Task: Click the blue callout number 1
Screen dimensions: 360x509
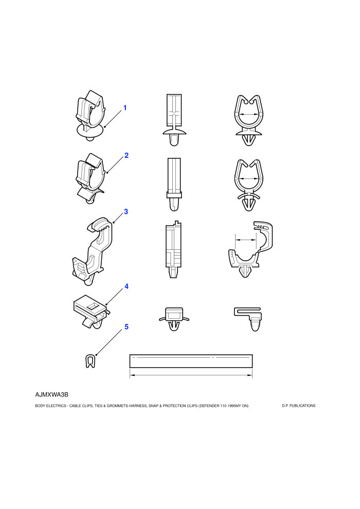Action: point(124,108)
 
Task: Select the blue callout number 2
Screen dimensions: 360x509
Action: point(127,155)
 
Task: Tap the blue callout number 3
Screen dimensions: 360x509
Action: point(126,212)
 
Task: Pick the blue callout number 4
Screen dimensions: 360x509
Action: point(127,286)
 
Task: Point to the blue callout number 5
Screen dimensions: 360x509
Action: point(127,327)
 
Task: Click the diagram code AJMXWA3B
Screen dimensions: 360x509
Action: point(51,395)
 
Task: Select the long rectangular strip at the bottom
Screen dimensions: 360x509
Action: point(191,361)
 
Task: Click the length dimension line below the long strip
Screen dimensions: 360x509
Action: point(191,375)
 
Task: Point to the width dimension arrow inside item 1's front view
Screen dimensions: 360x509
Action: point(248,114)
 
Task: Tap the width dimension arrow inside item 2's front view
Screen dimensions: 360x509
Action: point(248,178)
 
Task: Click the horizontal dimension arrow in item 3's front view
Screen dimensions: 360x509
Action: point(245,240)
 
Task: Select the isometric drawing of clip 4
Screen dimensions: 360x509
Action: point(91,311)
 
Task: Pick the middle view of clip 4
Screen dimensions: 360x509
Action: point(174,319)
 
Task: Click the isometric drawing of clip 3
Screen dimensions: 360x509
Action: point(93,251)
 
